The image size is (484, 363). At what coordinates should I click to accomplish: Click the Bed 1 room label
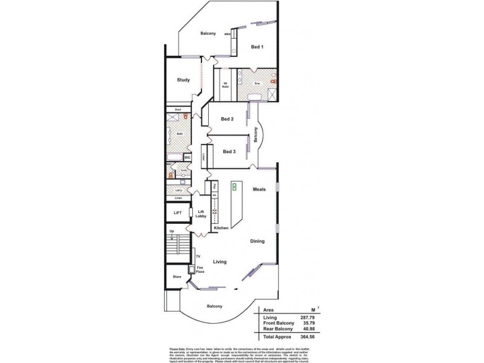tap(257, 47)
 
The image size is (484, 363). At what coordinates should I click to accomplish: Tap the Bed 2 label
tap(227, 119)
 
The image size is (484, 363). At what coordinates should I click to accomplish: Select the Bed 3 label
tap(229, 151)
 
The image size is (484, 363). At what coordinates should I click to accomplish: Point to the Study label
tap(183, 80)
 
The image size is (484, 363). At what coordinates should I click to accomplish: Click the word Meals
tap(260, 189)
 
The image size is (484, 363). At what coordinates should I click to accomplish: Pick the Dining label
tap(258, 241)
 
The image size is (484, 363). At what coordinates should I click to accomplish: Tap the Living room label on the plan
tap(220, 262)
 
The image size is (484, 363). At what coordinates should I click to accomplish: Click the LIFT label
tap(177, 213)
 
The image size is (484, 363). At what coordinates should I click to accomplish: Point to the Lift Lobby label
tap(201, 214)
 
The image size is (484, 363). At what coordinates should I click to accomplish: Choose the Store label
tap(177, 276)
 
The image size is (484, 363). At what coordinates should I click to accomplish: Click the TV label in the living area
tap(197, 257)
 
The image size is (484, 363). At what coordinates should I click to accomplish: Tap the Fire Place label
tap(200, 270)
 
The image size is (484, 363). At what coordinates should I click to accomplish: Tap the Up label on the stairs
tap(171, 231)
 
